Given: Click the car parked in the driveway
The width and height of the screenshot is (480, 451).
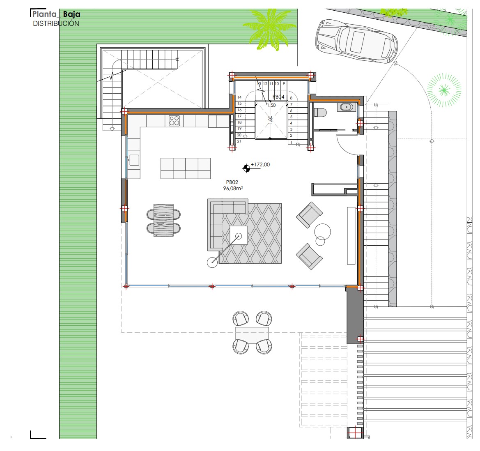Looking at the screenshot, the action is click(357, 41).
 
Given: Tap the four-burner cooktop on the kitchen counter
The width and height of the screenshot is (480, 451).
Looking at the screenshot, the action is click(174, 121).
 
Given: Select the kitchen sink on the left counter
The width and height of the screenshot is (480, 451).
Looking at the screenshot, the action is click(134, 160).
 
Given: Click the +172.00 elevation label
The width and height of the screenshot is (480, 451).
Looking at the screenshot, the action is click(260, 164).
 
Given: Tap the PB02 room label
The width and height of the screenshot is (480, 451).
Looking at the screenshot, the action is click(232, 182).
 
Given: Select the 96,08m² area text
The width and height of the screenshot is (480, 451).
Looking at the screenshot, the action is click(233, 188).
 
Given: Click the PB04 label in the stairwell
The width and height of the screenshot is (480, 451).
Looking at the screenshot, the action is click(278, 97).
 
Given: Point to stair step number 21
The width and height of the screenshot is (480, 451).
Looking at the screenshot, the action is click(239, 141).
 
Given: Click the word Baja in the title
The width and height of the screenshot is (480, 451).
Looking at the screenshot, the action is click(71, 14).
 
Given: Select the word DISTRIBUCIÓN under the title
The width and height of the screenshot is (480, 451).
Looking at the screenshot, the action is click(56, 23).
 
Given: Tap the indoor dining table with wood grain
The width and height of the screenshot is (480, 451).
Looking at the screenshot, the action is click(163, 220).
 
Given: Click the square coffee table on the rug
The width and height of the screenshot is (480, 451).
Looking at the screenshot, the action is click(239, 235).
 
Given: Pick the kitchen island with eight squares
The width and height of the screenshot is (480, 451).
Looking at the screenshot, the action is click(186, 168).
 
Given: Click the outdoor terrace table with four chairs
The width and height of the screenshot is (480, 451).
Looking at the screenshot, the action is click(252, 333).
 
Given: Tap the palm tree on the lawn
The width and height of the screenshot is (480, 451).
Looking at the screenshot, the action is click(270, 29).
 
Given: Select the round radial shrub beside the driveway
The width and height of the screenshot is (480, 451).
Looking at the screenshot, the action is click(444, 90).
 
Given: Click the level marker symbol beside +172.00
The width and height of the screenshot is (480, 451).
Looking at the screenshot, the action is click(246, 168).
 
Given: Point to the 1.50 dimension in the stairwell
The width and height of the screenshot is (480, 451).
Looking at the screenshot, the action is click(271, 105).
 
